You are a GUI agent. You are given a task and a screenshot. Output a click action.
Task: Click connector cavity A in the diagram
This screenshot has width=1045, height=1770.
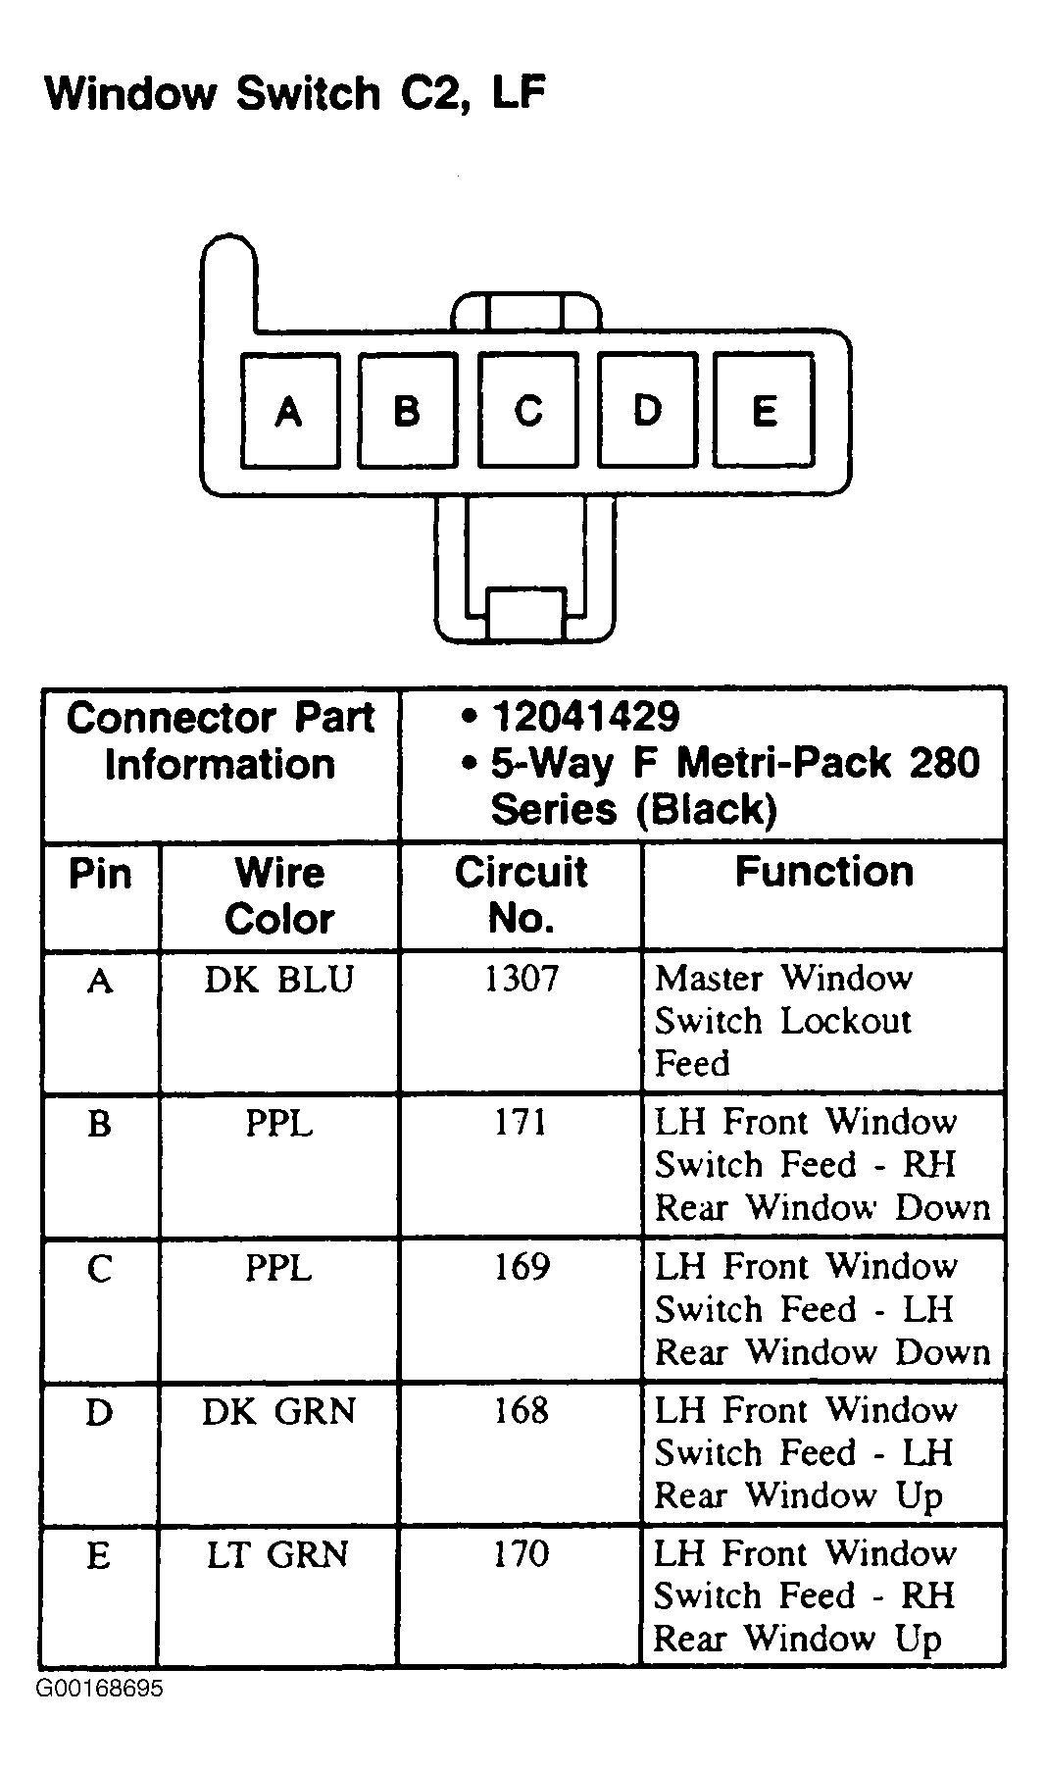(x=289, y=410)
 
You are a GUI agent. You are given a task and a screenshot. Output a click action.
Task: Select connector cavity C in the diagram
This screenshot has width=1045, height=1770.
(x=527, y=410)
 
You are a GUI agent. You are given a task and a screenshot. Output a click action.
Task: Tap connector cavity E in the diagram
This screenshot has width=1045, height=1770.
(x=764, y=410)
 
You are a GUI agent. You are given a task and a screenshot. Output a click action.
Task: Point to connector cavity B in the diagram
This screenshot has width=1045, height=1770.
(x=408, y=410)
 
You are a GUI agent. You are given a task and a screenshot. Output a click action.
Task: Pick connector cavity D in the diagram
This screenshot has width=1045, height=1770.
(x=646, y=410)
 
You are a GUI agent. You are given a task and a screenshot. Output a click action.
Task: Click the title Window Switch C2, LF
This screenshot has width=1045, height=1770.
(x=295, y=94)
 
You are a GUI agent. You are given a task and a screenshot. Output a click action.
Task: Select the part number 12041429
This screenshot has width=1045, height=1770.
(x=585, y=717)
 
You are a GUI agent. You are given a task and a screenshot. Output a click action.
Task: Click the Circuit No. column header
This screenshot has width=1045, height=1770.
(x=521, y=894)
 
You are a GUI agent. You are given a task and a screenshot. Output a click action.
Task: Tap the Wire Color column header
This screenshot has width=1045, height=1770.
(x=279, y=894)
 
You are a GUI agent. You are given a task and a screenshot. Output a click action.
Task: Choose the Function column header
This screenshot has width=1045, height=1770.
(x=823, y=872)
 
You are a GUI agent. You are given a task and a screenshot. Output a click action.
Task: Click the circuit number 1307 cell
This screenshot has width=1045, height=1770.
(x=521, y=979)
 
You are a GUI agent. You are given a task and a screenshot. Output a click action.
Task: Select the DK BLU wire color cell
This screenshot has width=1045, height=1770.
(x=278, y=979)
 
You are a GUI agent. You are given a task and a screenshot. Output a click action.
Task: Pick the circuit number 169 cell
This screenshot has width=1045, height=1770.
(x=521, y=1267)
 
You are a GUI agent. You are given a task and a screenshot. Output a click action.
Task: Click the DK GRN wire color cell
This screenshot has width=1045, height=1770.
(x=278, y=1411)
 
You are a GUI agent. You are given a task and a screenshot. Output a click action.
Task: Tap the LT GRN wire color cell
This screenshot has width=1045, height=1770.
(x=278, y=1555)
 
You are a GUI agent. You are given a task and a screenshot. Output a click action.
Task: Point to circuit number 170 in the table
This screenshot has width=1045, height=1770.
(x=521, y=1554)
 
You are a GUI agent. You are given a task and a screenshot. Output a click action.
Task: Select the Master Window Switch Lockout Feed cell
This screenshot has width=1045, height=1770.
(x=784, y=1020)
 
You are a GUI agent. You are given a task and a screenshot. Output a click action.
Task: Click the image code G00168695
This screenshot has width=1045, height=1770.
(x=100, y=1690)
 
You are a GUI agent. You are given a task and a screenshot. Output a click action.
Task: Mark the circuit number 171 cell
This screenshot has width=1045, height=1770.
(x=521, y=1123)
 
